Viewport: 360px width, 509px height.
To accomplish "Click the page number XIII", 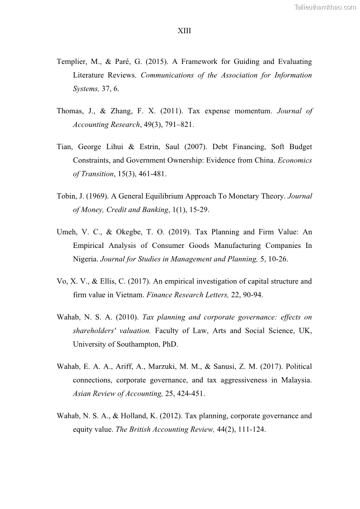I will [x=184, y=31].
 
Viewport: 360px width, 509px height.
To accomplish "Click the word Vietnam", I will [x=130, y=295].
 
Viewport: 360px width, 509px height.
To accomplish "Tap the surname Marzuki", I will [x=160, y=367].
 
